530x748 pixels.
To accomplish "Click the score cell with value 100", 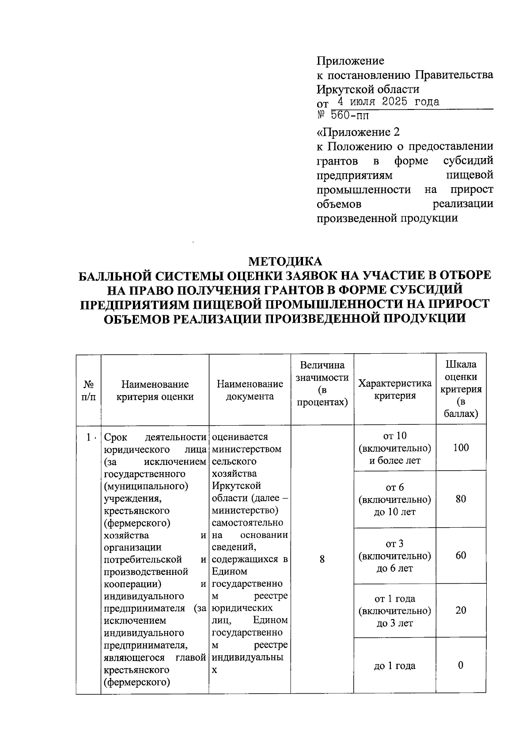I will [x=461, y=448].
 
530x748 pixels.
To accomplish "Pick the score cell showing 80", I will [x=461, y=499].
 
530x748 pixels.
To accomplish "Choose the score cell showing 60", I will [x=461, y=555].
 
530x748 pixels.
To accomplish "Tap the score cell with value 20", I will [x=461, y=611].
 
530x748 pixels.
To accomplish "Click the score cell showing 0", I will [x=461, y=665].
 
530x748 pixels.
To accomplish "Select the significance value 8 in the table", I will [x=322, y=559].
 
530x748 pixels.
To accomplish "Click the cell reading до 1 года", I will [x=394, y=666].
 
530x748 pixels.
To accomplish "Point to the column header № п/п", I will [x=88, y=390].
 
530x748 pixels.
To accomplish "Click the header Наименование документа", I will [x=250, y=390].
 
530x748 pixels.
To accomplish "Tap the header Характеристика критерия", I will [x=394, y=389].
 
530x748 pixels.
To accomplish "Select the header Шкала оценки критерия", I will [x=461, y=389].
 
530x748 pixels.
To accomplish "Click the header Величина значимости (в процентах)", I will [x=322, y=383].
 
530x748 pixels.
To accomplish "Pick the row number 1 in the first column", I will [x=89, y=437].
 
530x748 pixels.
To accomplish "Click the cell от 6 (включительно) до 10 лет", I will [x=394, y=499].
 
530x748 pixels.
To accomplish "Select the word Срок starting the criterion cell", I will [x=115, y=437].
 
